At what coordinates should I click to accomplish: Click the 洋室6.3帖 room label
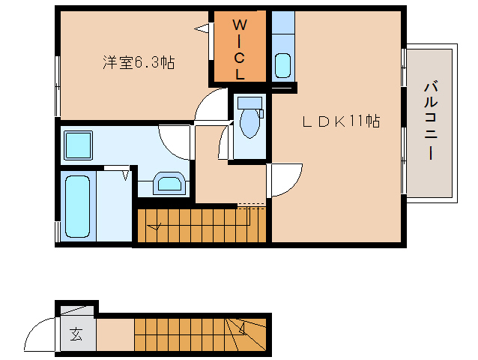139,63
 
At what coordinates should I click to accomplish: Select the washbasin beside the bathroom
172,183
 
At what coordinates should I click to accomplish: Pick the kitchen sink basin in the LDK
283,65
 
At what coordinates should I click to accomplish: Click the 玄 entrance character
76,334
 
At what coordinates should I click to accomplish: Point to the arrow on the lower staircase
241,327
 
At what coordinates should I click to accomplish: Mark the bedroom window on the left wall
58,85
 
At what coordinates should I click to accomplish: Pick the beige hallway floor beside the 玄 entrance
115,334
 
